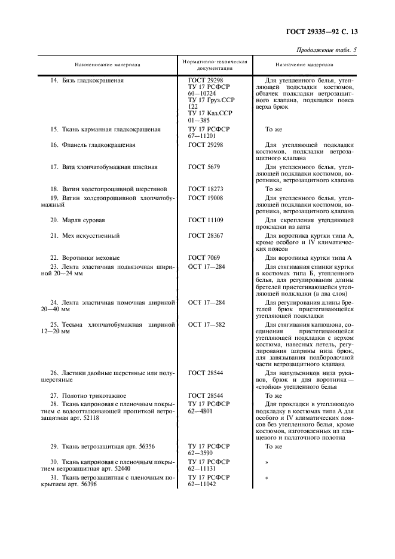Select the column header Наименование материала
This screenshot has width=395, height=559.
(x=108, y=64)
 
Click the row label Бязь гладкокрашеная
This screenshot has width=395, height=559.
(x=87, y=80)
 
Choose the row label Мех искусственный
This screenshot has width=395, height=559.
(x=87, y=236)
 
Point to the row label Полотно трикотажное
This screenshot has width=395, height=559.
(x=88, y=395)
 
